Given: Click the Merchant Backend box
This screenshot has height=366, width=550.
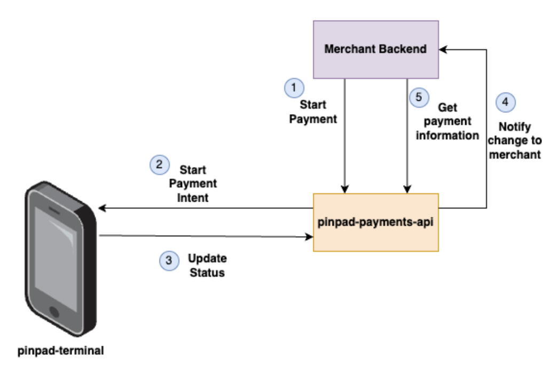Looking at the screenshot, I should [x=375, y=49].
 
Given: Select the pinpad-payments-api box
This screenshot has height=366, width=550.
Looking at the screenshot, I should [x=375, y=222].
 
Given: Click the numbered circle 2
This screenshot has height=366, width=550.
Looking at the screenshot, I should [x=158, y=165].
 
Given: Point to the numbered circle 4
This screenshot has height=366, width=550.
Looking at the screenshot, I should [x=505, y=102].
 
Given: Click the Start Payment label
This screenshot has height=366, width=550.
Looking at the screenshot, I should [x=313, y=112].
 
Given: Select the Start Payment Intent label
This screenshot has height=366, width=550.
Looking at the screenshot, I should [x=193, y=184].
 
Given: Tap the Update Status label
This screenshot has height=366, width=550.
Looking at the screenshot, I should [x=207, y=265].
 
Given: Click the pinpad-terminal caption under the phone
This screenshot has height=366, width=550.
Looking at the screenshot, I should [x=60, y=351].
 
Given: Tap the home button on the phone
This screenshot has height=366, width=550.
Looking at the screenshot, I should [x=54, y=311].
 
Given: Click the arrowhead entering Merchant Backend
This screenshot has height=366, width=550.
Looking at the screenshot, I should [x=443, y=49].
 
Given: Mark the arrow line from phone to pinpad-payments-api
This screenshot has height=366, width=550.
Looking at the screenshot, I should [x=203, y=235].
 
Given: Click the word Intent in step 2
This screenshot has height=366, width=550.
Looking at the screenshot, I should [x=193, y=197].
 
